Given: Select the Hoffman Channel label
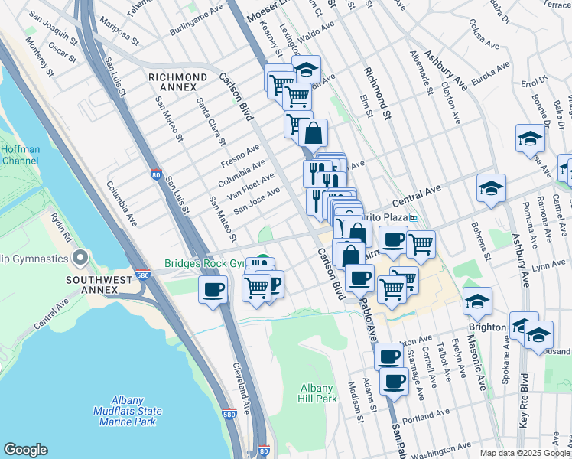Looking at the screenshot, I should click(x=20, y=155).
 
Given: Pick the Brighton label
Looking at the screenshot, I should click(x=487, y=327).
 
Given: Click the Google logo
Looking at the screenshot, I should click(x=25, y=450).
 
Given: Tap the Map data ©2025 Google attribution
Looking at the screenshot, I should click(x=525, y=453).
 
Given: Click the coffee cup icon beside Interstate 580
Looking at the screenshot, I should click(x=213, y=289).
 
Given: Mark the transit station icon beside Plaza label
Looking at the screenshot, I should click(x=414, y=218).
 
